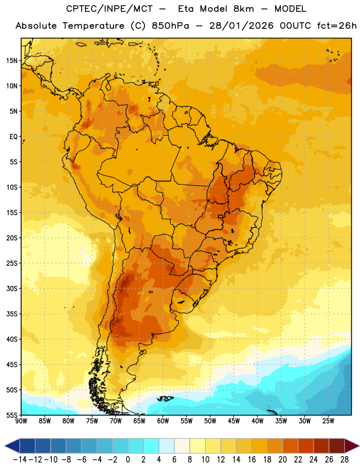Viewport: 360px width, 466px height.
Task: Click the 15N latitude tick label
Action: [12, 61]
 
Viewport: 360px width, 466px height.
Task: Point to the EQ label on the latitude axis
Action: [13, 137]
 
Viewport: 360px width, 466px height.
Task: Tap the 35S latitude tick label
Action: [12, 314]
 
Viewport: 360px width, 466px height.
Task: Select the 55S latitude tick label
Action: [12, 415]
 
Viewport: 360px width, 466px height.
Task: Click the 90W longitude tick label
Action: [21, 421]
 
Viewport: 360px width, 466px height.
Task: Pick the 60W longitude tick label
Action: [163, 421]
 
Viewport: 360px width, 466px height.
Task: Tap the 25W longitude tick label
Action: [328, 421]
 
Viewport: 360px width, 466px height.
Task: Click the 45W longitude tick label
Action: [234, 421]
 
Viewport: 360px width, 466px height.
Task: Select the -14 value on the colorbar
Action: [20, 460]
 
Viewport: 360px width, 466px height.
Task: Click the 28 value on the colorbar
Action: [344, 460]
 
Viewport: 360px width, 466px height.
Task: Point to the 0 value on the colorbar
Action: [128, 460]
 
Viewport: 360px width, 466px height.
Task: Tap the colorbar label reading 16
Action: [252, 460]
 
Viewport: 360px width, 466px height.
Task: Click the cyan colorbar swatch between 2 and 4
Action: [151, 446]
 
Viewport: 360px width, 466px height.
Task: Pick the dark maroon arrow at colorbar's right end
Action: [351, 446]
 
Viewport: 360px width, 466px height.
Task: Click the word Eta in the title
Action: [186, 9]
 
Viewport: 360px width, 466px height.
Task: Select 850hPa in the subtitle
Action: [170, 26]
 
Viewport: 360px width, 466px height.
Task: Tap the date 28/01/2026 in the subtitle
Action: [241, 26]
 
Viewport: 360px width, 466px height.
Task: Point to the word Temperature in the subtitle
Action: [93, 26]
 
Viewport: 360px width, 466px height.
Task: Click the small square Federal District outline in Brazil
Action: [220, 216]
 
